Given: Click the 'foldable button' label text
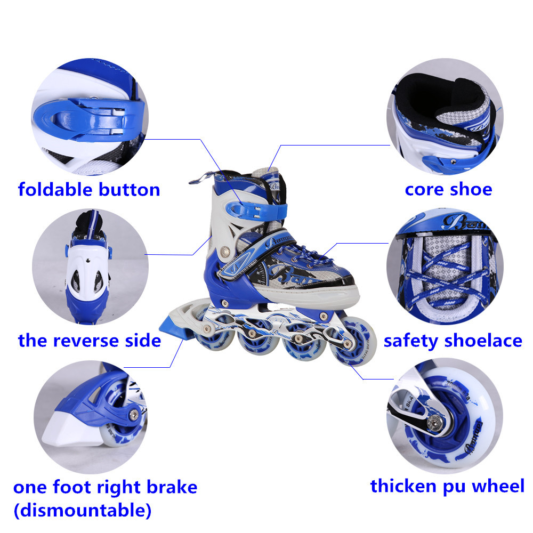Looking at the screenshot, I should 89,190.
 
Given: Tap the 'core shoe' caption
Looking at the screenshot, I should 448,189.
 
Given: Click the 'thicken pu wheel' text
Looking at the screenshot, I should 447,486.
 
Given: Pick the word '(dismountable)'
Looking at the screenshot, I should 82,511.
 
